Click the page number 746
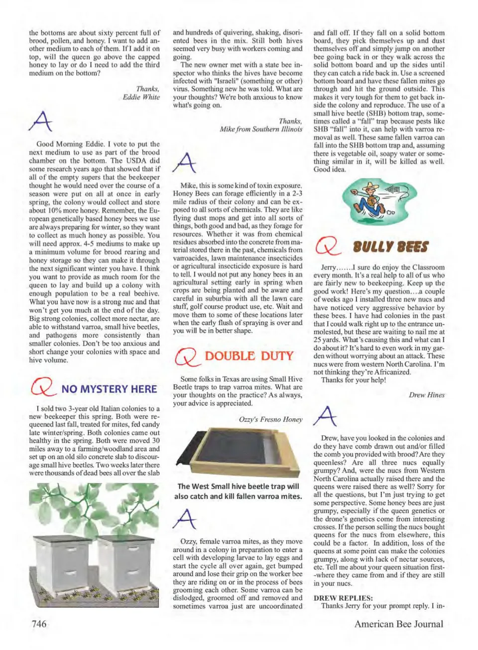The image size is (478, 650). (x=39, y=624)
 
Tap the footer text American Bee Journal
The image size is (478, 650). (x=398, y=624)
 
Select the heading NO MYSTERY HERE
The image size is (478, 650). (x=109, y=389)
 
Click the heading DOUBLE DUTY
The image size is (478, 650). (x=249, y=356)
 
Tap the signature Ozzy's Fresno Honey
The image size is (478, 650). (x=270, y=419)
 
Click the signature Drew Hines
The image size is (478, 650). (x=427, y=395)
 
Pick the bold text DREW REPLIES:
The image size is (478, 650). (x=343, y=598)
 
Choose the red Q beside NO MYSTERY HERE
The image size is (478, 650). (x=42, y=388)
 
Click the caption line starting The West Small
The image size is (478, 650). (x=238, y=486)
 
